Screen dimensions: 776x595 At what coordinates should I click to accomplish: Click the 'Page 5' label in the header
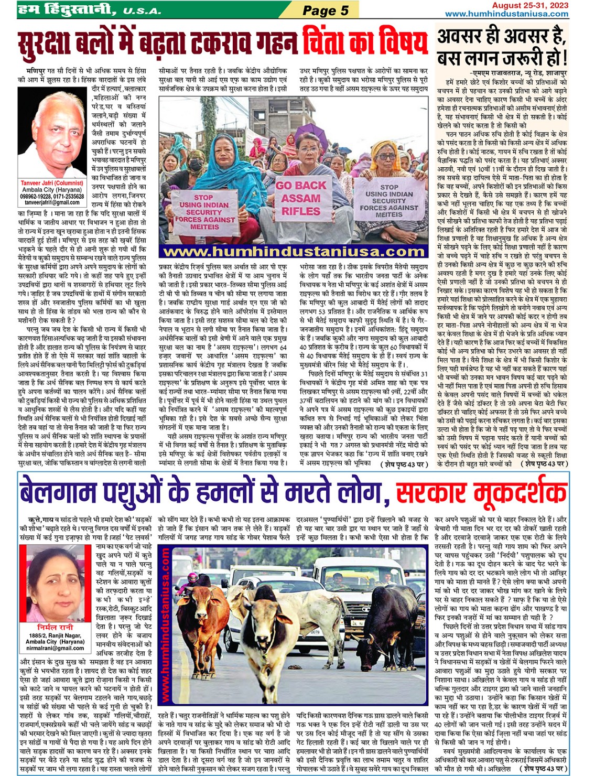[x=325, y=10]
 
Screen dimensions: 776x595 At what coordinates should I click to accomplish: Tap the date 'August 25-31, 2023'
[x=529, y=5]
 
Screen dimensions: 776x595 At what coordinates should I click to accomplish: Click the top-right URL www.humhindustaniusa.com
[x=506, y=14]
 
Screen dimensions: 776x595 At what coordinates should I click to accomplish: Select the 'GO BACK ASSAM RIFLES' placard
[x=301, y=199]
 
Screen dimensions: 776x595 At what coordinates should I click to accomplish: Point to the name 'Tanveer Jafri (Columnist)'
[x=52, y=184]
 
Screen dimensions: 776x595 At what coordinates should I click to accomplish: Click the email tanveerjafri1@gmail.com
[x=52, y=202]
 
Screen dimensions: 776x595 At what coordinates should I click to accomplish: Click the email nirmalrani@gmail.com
[x=55, y=648]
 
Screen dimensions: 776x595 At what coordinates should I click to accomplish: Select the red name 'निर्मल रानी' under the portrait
[x=55, y=628]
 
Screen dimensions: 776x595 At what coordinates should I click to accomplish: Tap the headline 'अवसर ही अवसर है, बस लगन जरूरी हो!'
[x=502, y=46]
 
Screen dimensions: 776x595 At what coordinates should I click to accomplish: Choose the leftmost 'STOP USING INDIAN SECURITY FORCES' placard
[x=204, y=212]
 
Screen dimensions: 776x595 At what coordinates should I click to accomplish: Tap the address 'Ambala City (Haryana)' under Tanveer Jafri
[x=52, y=190]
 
